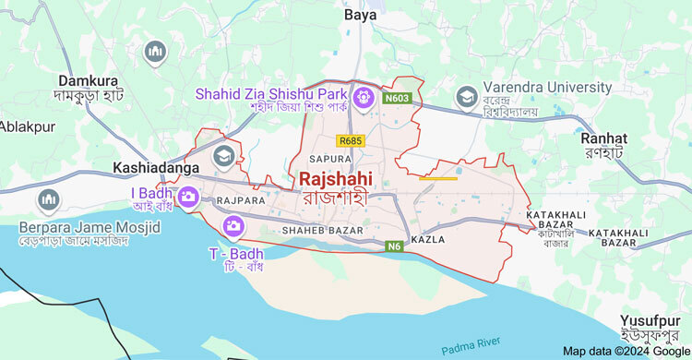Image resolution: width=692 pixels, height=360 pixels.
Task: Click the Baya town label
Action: click(x=360, y=15)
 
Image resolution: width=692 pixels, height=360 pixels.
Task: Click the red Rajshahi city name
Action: click(x=335, y=178)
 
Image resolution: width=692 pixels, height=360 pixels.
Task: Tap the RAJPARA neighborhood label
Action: click(x=241, y=199)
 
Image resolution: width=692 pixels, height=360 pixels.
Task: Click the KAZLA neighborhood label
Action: click(x=429, y=239)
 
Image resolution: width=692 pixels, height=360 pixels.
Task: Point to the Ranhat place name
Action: click(x=603, y=138)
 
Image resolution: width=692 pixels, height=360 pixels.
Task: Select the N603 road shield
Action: click(x=398, y=96)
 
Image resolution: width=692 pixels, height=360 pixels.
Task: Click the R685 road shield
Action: click(x=351, y=140)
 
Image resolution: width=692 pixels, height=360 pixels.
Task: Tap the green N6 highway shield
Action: click(x=394, y=246)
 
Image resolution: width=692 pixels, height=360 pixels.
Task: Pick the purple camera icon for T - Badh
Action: click(x=233, y=225)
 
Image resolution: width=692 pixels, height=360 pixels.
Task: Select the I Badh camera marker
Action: click(x=188, y=196)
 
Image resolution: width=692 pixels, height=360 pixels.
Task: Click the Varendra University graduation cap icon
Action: click(x=467, y=96)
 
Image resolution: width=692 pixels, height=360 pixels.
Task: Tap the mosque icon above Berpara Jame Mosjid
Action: click(x=48, y=199)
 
